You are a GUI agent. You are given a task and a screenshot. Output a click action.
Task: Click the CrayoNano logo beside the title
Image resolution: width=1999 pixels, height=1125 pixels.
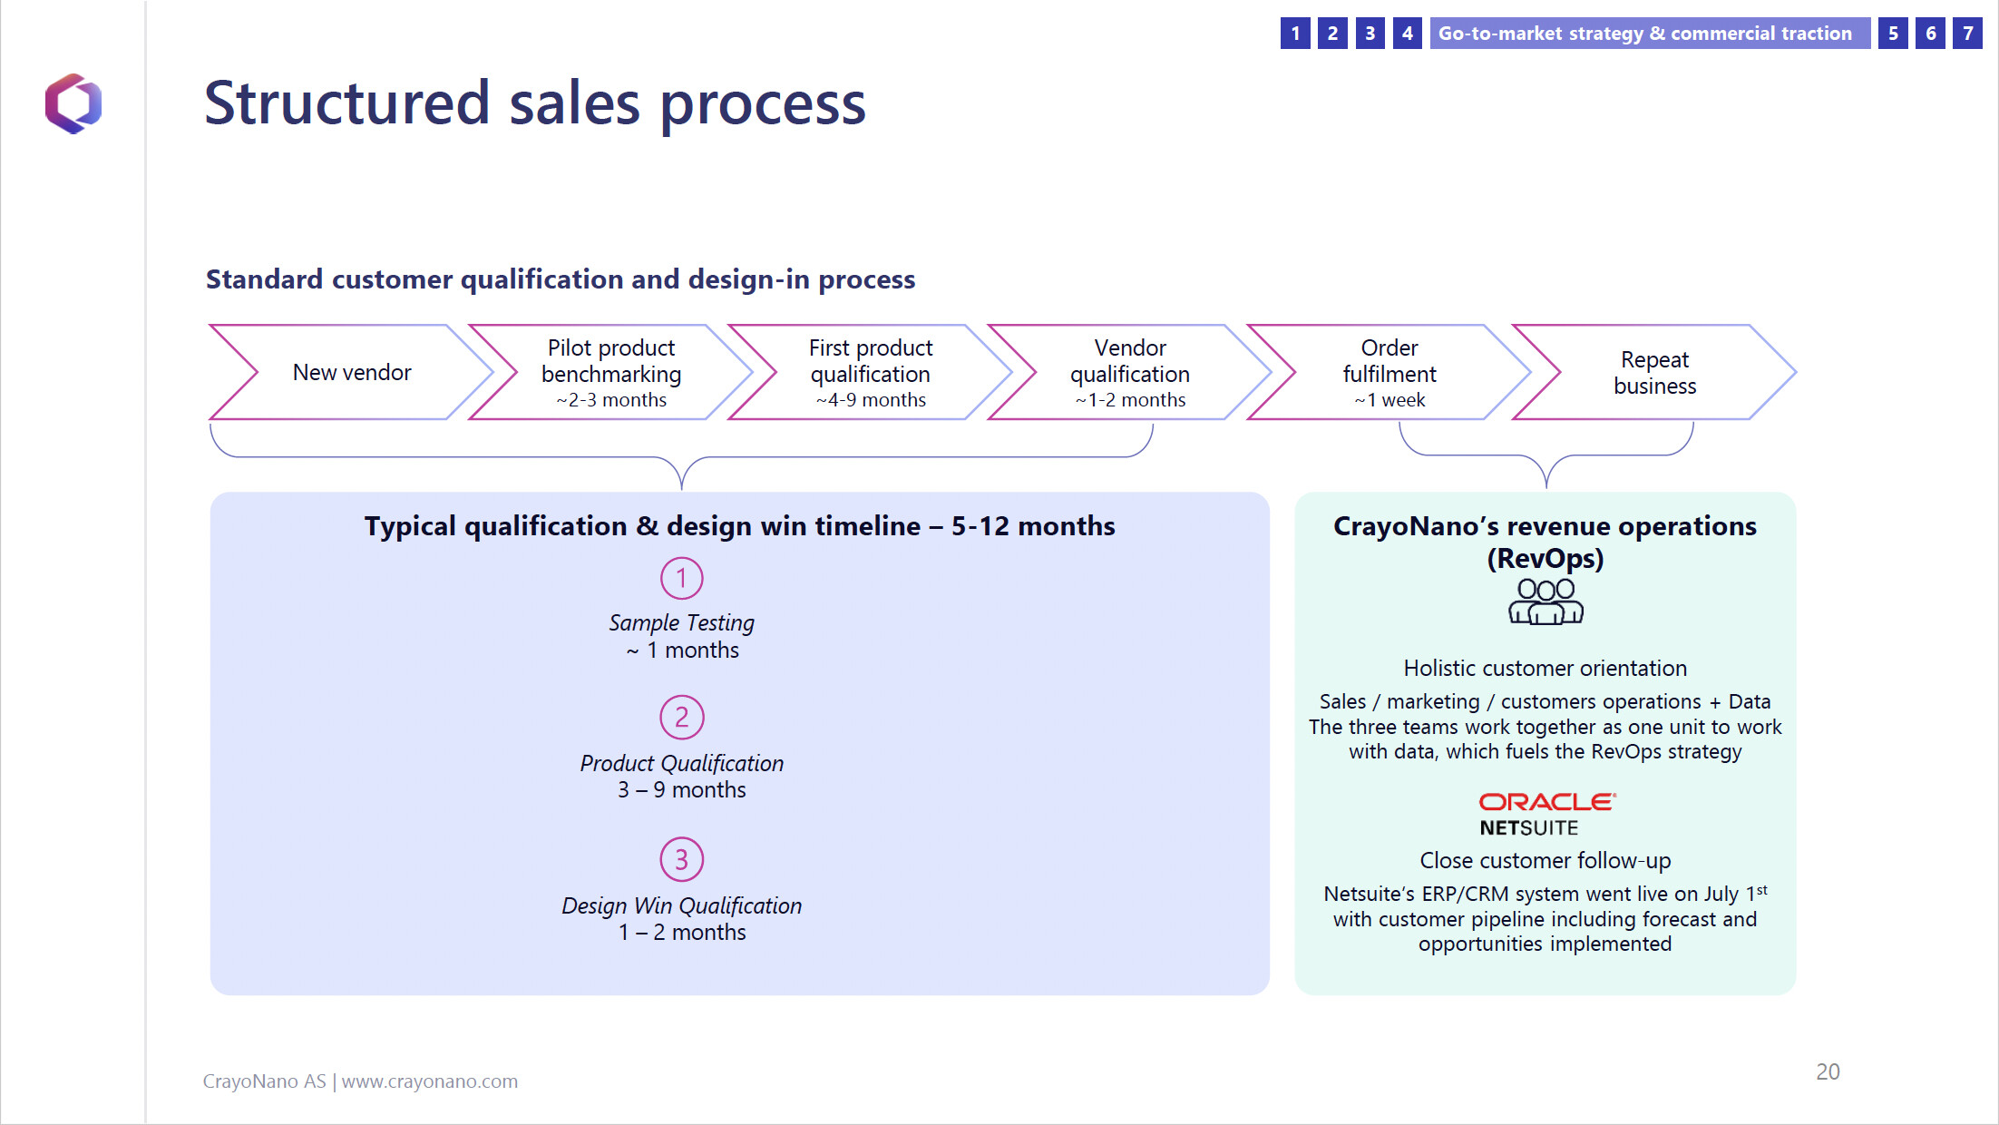tap(73, 103)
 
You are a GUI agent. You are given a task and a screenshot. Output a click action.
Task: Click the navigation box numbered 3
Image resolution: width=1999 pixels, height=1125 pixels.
tap(1370, 34)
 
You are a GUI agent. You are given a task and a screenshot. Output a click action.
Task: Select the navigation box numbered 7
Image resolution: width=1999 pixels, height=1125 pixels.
tap(1967, 34)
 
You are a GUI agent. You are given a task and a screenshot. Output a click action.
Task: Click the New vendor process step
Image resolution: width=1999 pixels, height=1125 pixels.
tap(352, 372)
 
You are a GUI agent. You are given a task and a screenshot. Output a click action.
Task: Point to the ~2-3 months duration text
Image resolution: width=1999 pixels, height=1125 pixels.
tap(611, 400)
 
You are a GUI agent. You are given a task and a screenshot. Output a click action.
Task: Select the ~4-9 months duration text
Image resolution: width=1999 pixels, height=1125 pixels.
tap(871, 400)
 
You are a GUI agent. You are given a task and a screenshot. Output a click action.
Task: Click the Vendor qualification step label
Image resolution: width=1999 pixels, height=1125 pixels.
tap(1130, 361)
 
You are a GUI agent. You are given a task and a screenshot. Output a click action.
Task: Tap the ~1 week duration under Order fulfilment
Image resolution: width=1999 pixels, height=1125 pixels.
tap(1390, 400)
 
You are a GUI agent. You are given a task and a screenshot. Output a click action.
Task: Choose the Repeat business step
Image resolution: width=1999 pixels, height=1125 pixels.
tap(1654, 372)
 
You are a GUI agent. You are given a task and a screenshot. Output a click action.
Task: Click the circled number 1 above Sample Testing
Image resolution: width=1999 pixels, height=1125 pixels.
tap(681, 578)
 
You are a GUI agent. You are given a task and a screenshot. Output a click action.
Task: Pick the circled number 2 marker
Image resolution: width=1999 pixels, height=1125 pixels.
tap(681, 718)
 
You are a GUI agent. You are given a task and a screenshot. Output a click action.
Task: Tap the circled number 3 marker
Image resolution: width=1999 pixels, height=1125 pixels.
tap(681, 859)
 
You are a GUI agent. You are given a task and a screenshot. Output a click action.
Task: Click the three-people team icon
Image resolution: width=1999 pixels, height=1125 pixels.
tap(1546, 602)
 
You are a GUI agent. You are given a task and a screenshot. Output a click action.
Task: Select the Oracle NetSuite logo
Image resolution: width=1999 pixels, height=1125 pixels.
tap(1546, 814)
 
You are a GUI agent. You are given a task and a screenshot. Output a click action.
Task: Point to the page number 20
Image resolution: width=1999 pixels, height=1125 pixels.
tap(1828, 1071)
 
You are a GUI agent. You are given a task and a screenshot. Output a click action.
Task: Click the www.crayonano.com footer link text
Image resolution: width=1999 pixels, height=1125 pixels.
tap(430, 1081)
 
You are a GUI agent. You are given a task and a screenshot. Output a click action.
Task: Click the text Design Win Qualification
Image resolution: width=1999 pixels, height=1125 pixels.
tap(682, 905)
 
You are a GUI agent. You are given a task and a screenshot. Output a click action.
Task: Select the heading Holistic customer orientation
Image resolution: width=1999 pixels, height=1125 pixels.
tap(1546, 669)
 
